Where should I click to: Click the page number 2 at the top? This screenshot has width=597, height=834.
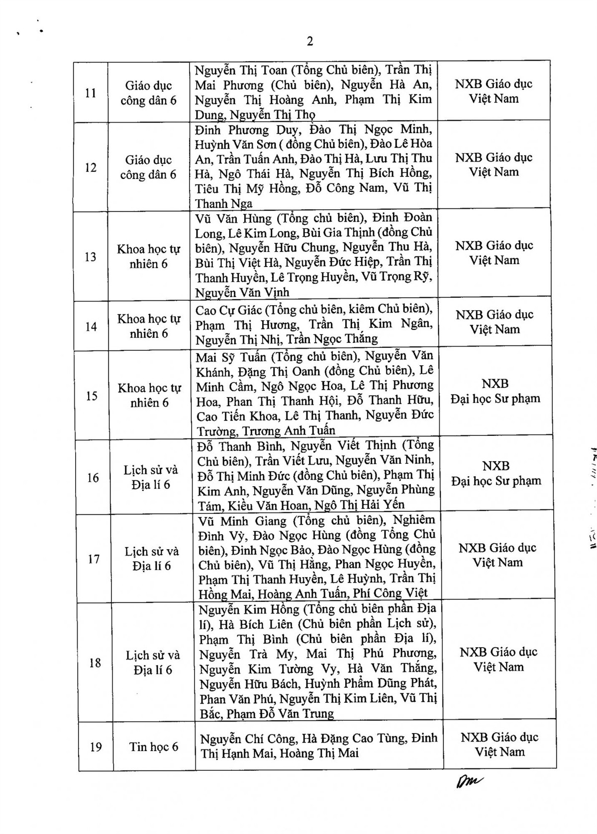(x=310, y=41)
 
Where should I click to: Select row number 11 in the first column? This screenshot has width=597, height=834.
(x=91, y=93)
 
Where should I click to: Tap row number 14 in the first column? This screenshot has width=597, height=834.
(x=91, y=327)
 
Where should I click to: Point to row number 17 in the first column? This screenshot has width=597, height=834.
(x=93, y=559)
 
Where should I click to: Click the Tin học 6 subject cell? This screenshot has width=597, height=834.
(x=154, y=747)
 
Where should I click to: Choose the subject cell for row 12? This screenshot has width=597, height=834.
(x=148, y=167)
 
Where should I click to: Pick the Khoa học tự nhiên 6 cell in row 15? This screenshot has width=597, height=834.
(x=149, y=396)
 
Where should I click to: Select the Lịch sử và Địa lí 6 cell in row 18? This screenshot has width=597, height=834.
(x=153, y=663)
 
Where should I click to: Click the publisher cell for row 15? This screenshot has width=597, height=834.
(x=495, y=391)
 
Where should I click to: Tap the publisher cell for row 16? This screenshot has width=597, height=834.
(x=496, y=474)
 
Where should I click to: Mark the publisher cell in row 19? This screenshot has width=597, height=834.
(x=499, y=745)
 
